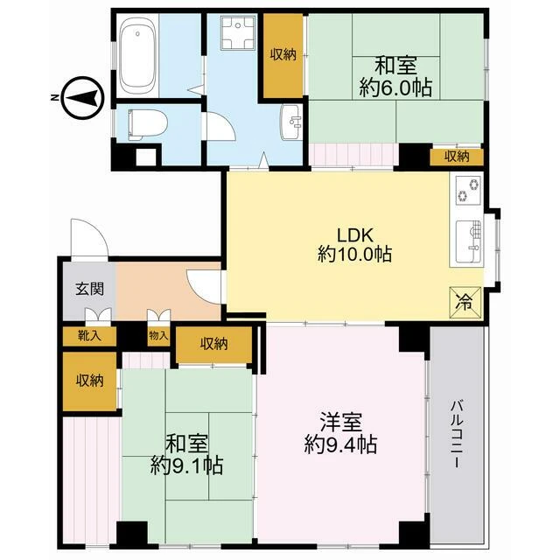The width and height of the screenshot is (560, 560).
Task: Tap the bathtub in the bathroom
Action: pos(138,56)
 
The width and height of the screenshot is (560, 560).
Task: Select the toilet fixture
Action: pos(147,124)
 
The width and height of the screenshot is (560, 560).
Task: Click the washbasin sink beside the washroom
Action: pos(291,122)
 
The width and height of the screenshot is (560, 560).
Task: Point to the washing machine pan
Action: pos(237,32)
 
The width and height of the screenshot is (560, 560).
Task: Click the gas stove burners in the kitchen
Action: pos(468,191)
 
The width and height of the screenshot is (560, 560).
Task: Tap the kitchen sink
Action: pos(469,241)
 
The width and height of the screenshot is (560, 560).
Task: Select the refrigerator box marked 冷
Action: pos(465,302)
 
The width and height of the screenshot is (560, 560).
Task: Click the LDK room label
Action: pos(355,235)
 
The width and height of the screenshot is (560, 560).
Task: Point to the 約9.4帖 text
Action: pos(340,444)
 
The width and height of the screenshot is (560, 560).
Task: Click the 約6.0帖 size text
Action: pos(395,87)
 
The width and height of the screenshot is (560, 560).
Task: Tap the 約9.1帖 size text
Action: pos(186,465)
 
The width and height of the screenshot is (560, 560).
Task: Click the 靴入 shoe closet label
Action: pos(89,335)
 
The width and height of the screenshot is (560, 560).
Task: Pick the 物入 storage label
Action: pos(158,335)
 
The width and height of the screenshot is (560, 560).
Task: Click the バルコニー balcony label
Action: pos(457,434)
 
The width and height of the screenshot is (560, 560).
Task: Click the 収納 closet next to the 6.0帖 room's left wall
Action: pos(283,54)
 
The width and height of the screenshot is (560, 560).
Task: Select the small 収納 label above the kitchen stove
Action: pos(457,157)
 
